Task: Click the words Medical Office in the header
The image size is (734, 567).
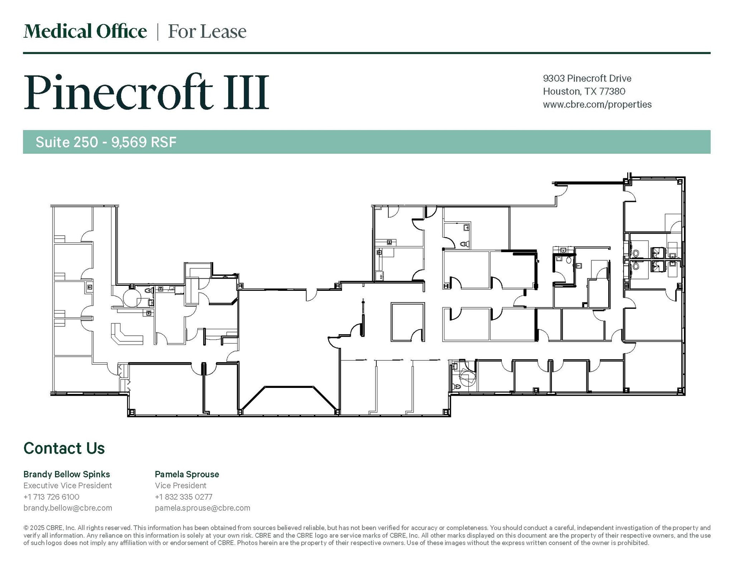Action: click(x=85, y=32)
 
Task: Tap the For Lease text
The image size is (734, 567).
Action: click(x=207, y=32)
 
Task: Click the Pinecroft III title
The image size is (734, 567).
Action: click(x=146, y=92)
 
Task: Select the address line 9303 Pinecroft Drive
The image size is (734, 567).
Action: click(x=587, y=78)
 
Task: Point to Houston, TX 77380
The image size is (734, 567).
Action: click(x=584, y=91)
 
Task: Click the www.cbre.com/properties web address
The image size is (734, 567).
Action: click(x=597, y=105)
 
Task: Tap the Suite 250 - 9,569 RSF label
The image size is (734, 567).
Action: click(x=106, y=142)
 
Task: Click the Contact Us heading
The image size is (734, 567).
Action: click(x=64, y=448)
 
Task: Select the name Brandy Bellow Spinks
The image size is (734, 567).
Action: click(x=67, y=474)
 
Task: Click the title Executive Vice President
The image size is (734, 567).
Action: click(x=67, y=485)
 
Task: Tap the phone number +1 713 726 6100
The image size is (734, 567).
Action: click(x=51, y=497)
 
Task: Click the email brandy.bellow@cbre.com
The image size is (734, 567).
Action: click(x=67, y=508)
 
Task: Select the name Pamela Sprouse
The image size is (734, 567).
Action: click(x=187, y=474)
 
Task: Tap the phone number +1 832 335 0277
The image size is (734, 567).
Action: click(x=183, y=497)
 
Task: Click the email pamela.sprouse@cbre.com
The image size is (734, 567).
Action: click(x=202, y=508)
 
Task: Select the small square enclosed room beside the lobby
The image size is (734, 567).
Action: click(x=407, y=322)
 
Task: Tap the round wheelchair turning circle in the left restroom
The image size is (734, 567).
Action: click(x=132, y=298)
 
